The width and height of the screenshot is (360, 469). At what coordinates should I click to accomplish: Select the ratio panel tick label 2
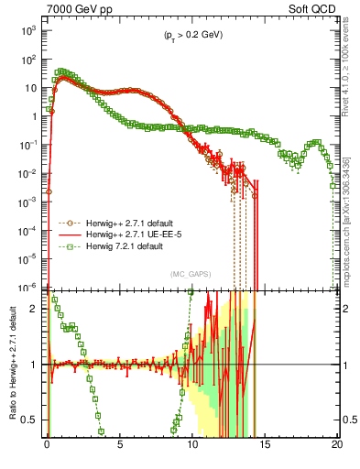coord(35,309)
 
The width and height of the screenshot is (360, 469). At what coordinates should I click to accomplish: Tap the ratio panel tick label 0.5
coord(31,420)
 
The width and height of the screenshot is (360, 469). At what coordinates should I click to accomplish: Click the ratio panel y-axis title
coord(11,364)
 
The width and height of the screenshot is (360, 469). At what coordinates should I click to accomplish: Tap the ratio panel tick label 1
coord(35,365)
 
